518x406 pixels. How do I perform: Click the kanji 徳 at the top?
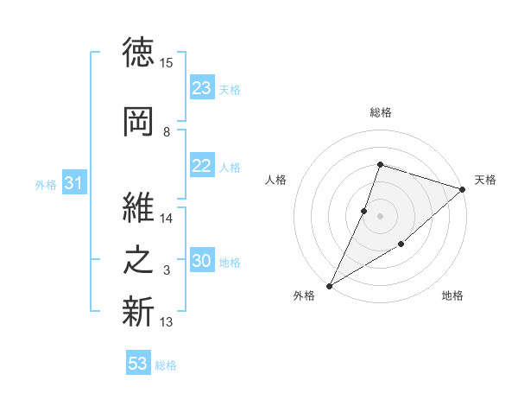(138, 52)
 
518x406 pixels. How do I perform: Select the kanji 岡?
(138, 122)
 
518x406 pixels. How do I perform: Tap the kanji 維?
(138, 207)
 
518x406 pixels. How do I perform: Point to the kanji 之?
(138, 260)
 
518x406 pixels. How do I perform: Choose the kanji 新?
(138, 311)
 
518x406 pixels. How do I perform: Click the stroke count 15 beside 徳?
(166, 63)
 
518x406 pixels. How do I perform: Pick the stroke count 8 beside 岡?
(167, 132)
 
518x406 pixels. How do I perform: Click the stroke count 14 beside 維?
(166, 219)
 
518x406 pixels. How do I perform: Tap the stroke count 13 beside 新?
(166, 321)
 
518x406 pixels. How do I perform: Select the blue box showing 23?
(202, 87)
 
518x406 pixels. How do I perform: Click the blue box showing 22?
(202, 165)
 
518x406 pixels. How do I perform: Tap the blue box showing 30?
(202, 259)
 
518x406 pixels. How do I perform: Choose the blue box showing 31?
(74, 182)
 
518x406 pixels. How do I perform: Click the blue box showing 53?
(138, 362)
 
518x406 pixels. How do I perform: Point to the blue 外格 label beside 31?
(46, 185)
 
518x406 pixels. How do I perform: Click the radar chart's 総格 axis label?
(381, 112)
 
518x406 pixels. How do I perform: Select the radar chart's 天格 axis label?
(485, 180)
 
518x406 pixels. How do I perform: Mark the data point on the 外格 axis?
(330, 286)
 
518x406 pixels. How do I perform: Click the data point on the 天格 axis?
(463, 189)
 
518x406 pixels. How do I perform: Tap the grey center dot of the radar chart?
(380, 216)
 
